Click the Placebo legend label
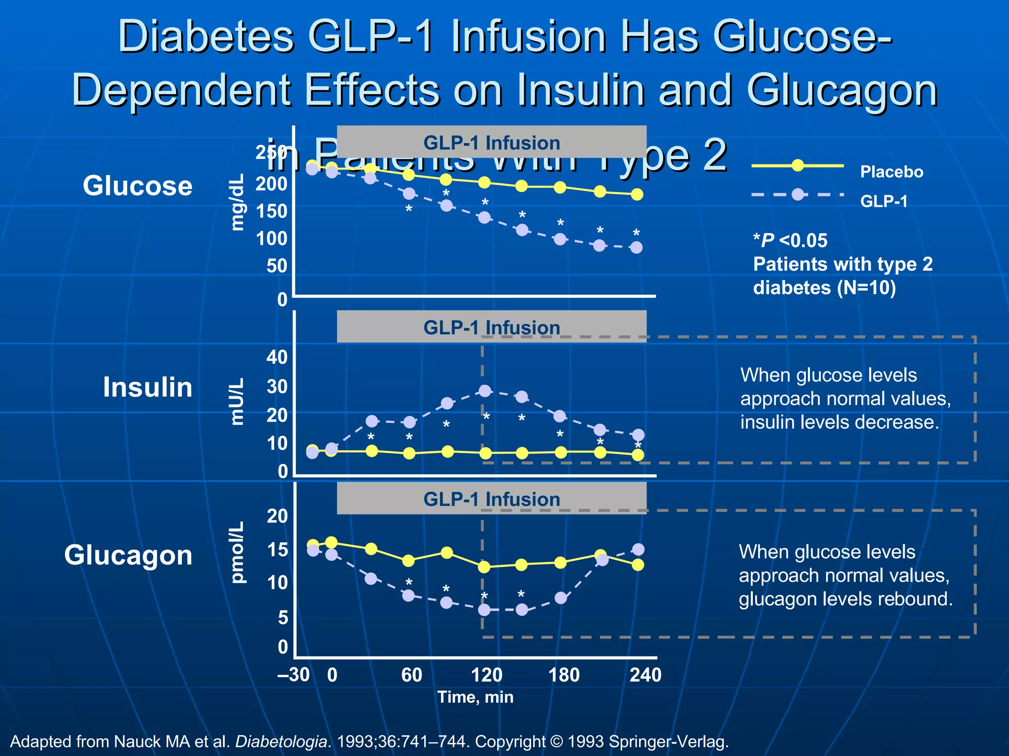point(891,172)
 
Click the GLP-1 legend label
point(884,201)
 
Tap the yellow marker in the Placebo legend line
point(798,166)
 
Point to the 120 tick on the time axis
point(486,675)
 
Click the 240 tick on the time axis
point(645,675)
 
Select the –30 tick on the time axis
point(294,675)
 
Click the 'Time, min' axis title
point(475,697)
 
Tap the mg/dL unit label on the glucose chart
point(237,202)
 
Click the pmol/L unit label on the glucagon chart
point(237,552)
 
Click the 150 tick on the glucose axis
point(271,211)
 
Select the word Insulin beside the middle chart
point(147,387)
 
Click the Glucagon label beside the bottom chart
point(128,555)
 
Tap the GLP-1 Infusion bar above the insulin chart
point(491,327)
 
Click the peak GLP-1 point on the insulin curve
point(485,391)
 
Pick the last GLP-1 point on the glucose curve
point(637,247)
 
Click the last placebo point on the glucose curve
point(637,194)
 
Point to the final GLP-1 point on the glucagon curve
point(638,549)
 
